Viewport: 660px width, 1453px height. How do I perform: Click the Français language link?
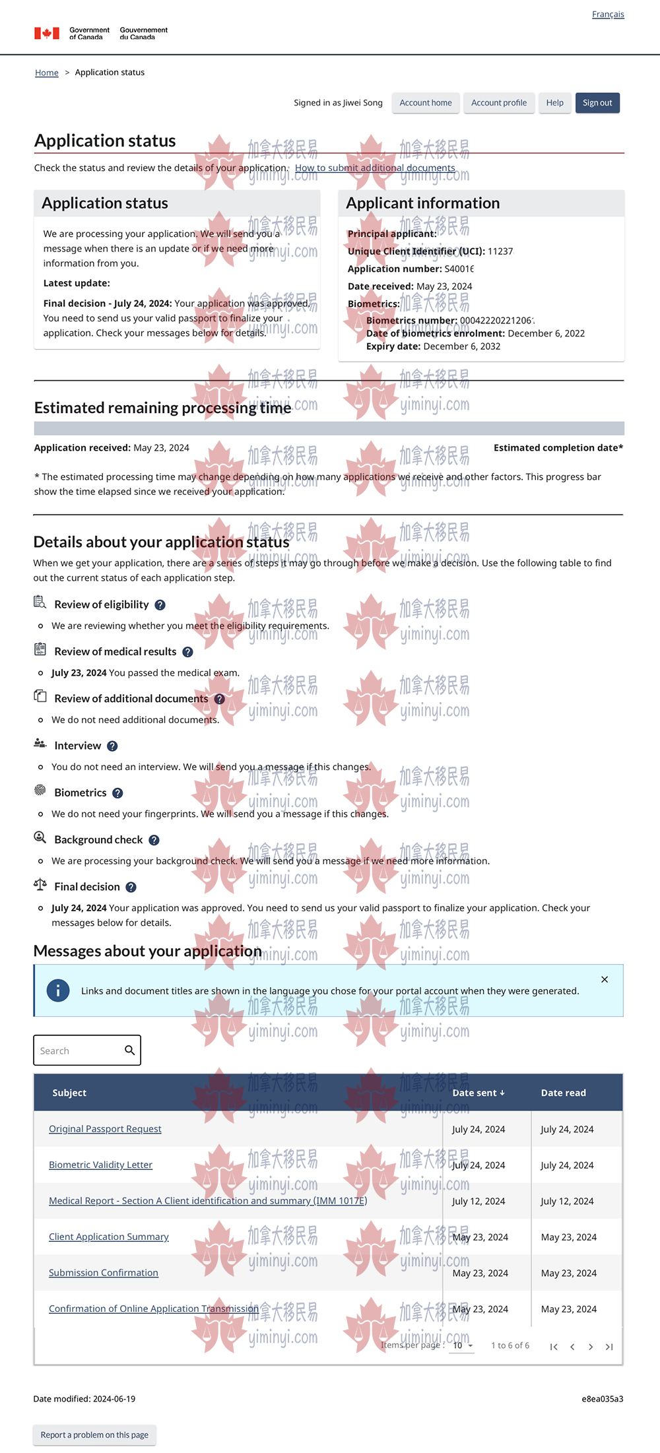click(608, 15)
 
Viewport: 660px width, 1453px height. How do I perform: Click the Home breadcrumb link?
click(47, 73)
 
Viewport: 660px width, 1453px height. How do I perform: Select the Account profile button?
click(499, 103)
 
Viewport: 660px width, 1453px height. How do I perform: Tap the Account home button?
click(426, 103)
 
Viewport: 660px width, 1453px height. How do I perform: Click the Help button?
click(555, 103)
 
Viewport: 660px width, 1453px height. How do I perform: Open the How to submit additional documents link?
click(375, 168)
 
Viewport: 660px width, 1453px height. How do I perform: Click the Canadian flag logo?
click(47, 33)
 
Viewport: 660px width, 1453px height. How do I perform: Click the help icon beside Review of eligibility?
click(160, 605)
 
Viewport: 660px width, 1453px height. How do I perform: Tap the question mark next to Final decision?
click(131, 888)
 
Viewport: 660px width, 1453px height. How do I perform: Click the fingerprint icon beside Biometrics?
click(40, 791)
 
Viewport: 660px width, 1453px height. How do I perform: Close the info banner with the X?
click(605, 980)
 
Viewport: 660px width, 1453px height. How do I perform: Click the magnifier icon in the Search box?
click(130, 1050)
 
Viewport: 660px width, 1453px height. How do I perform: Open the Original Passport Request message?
click(105, 1129)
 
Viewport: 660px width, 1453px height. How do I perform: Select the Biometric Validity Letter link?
click(100, 1165)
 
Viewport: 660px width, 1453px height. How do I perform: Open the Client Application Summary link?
click(109, 1237)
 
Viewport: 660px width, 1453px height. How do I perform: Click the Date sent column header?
click(478, 1093)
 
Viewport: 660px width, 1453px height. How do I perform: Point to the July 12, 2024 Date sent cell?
click(478, 1201)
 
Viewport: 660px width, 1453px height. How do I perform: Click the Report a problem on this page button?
click(94, 1435)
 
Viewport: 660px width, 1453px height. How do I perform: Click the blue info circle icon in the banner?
click(58, 990)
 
